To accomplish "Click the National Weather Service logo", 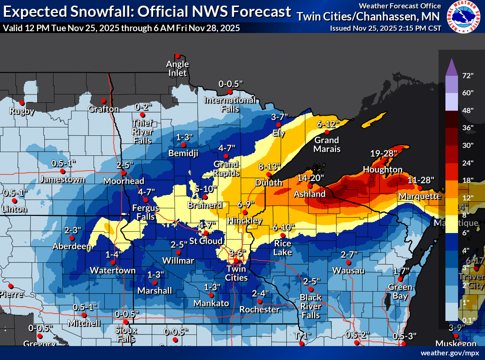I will pyautogui.click(x=465, y=17).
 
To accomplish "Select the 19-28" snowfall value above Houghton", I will pyautogui.click(x=384, y=153).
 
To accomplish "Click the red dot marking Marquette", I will pyautogui.click(x=420, y=188).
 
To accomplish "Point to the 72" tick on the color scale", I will pyautogui.click(x=467, y=75).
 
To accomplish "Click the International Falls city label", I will pyautogui.click(x=230, y=104).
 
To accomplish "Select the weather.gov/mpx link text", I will pyautogui.click(x=450, y=353).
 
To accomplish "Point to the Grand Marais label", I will pyautogui.click(x=327, y=144).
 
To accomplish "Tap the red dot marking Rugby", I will pyautogui.click(x=21, y=103).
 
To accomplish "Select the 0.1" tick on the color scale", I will pyautogui.click(x=467, y=320).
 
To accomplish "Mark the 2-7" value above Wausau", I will pyautogui.click(x=349, y=254).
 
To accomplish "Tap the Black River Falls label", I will pyautogui.click(x=310, y=306).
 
